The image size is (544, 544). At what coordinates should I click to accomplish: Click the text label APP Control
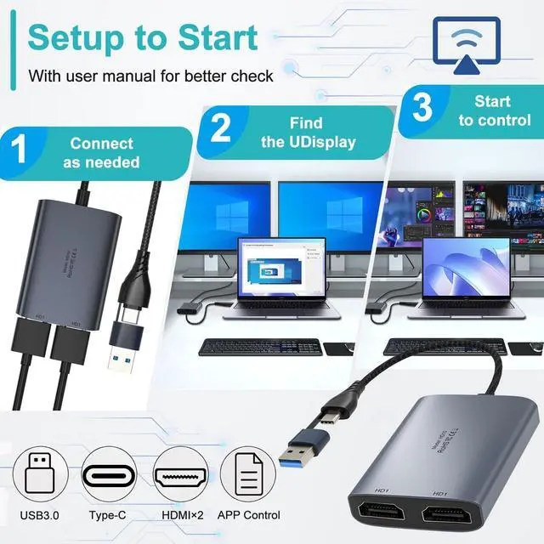(249, 515)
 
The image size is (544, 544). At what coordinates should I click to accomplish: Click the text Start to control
(493, 110)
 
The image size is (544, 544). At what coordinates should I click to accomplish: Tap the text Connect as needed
(102, 153)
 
